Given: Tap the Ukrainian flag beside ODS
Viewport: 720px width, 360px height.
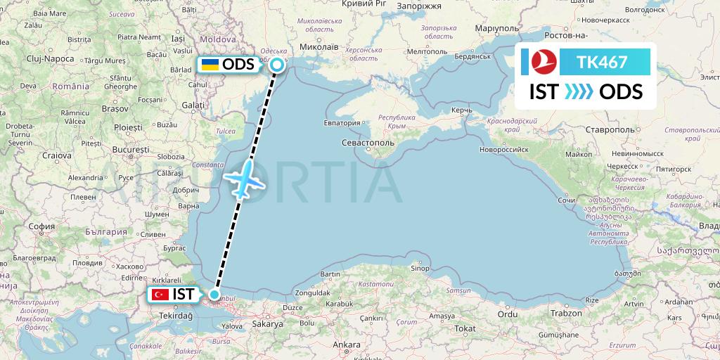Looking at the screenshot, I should [x=209, y=65].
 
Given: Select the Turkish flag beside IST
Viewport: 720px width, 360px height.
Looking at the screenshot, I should [x=160, y=295].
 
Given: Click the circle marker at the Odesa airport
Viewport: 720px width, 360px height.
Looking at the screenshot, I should [x=277, y=65].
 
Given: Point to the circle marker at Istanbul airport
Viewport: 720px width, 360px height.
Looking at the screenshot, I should [x=214, y=295].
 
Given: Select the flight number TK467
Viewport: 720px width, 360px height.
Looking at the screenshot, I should [x=602, y=62].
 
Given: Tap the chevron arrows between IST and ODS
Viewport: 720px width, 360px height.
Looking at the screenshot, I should [x=579, y=92].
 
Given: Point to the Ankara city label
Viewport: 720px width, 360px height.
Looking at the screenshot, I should [x=346, y=345].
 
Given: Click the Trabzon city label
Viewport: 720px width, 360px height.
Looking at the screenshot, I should [x=567, y=313].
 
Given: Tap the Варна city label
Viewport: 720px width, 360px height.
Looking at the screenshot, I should [x=189, y=206].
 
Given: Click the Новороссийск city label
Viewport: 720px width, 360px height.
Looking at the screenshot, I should [x=503, y=149].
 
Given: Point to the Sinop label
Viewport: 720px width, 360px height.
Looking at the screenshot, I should [x=420, y=268].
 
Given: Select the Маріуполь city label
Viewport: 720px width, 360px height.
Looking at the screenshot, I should [x=497, y=28].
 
